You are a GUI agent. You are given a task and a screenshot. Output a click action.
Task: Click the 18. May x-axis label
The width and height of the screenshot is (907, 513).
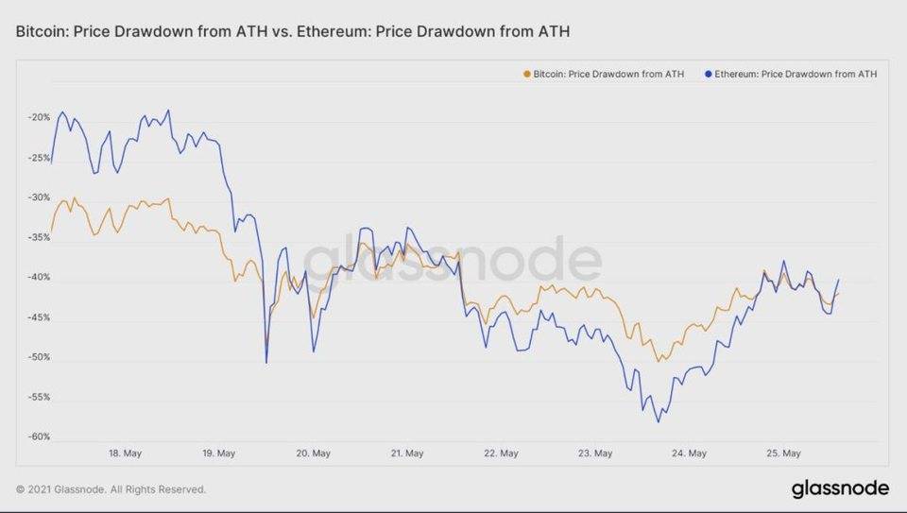pos(126,453)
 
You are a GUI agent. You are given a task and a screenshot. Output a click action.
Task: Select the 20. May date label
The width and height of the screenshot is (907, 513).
pos(314,453)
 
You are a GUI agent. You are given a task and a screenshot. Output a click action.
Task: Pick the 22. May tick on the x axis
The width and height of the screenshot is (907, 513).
pos(502,453)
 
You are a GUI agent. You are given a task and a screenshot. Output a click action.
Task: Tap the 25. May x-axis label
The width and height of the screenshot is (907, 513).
pos(784,453)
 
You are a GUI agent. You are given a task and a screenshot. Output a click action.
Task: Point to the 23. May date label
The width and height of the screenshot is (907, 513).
pos(596,453)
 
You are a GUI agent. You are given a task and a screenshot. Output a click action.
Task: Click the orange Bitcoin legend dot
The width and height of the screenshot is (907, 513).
pos(526,73)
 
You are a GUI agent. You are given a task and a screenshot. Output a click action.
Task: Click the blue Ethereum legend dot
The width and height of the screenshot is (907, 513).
pos(708,73)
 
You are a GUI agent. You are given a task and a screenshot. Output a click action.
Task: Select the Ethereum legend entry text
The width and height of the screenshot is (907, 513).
pos(796,73)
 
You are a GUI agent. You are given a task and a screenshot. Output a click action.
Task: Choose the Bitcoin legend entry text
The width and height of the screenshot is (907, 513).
pos(608,73)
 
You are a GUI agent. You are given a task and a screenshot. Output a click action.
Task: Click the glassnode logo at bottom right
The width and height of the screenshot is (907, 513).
pos(839,488)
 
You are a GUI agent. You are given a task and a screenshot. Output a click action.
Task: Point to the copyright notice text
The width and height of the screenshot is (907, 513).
pos(111,489)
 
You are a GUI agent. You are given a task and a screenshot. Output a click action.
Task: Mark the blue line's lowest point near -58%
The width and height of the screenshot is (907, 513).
pos(659,421)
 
